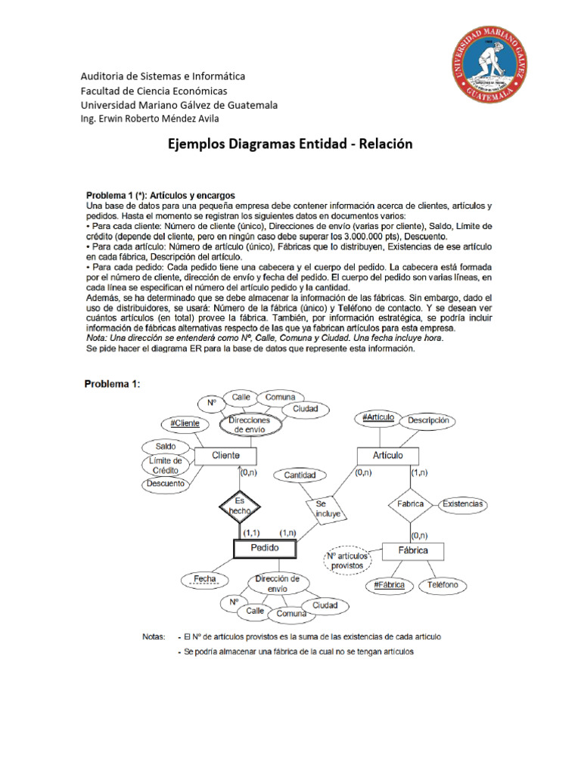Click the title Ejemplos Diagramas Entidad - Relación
(290, 144)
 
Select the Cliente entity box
(225, 456)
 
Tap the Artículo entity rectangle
(388, 456)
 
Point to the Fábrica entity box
(413, 550)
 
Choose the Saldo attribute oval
(166, 447)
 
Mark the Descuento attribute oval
(166, 483)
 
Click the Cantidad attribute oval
(300, 475)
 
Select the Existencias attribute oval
(464, 503)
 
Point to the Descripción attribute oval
(428, 420)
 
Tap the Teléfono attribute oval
(443, 585)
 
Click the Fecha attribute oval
(204, 580)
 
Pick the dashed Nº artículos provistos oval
(346, 560)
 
